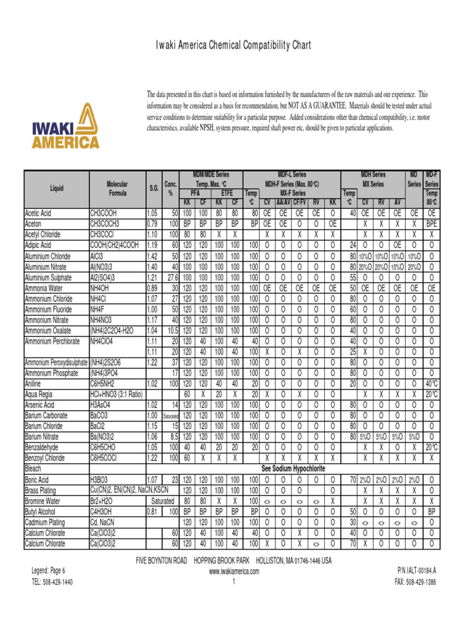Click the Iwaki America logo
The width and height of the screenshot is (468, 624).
pyautogui.click(x=65, y=126)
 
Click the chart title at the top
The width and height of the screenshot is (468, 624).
pyautogui.click(x=234, y=46)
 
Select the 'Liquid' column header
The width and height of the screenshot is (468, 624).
pyautogui.click(x=56, y=188)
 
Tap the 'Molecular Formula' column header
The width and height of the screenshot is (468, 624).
pyautogui.click(x=117, y=188)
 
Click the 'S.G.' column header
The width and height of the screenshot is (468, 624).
pyautogui.click(x=154, y=188)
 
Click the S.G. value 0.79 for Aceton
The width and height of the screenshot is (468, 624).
pyautogui.click(x=152, y=224)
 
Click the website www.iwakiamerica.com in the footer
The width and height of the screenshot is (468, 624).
pyautogui.click(x=234, y=571)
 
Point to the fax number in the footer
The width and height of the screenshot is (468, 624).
pyautogui.click(x=416, y=582)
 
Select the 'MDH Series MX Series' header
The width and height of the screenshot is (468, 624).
pyautogui.click(x=373, y=179)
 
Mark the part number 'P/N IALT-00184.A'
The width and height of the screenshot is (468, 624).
pyautogui.click(x=418, y=571)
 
